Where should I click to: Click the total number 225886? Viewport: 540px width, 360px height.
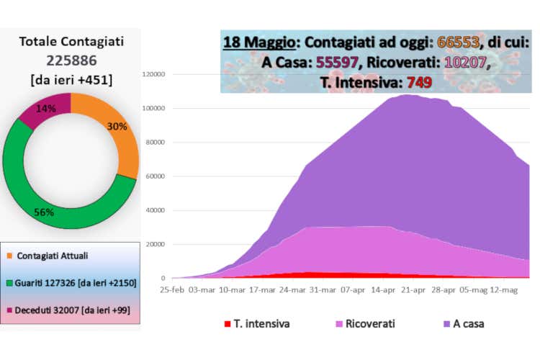[x=70, y=62]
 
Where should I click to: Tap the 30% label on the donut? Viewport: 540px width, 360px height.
[x=117, y=126]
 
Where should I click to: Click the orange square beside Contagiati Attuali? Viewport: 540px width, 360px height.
[x=9, y=256]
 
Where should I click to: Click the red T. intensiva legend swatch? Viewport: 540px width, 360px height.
[x=228, y=324]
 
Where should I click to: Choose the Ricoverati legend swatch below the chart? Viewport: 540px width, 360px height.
[x=341, y=324]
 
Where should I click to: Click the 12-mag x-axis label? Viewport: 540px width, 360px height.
[x=504, y=290]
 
